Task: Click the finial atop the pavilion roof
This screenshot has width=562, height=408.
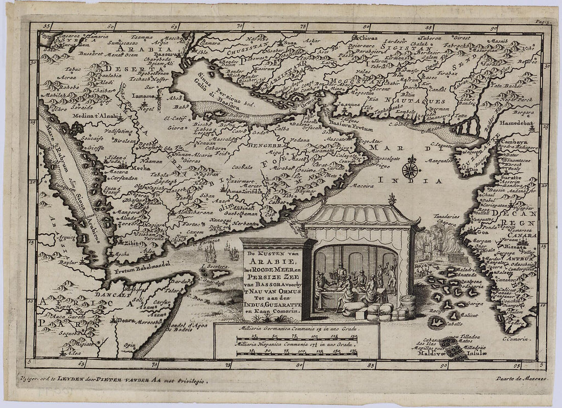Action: tap(392, 198)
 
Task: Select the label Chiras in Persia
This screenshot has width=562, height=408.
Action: tap(369, 38)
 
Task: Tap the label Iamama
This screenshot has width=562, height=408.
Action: tap(139, 95)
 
